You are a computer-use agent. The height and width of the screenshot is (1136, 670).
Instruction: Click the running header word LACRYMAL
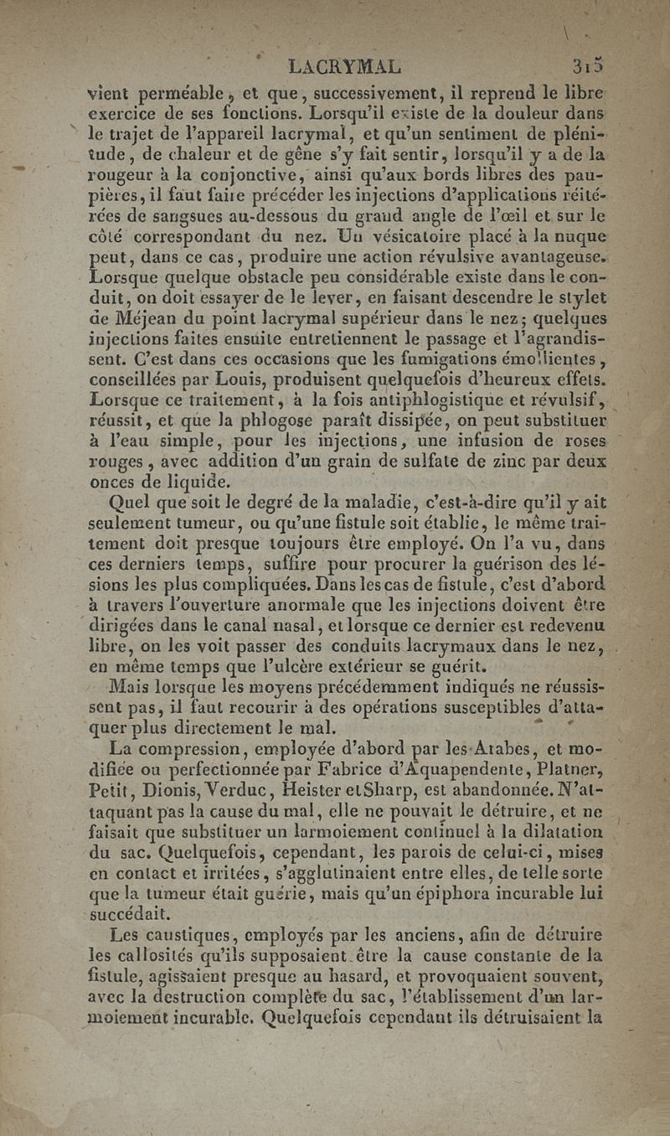343,65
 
